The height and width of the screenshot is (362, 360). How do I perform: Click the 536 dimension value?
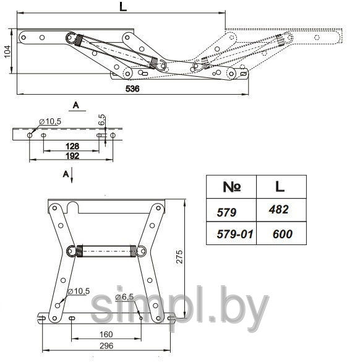click(132, 89)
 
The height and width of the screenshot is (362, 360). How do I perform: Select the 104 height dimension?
click(7, 51)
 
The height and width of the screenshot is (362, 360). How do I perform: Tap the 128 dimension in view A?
click(72, 146)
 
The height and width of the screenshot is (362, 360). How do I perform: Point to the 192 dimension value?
click(72, 156)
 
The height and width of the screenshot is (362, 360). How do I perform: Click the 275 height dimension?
click(179, 256)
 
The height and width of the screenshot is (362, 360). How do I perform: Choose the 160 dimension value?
click(106, 334)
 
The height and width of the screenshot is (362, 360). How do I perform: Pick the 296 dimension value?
click(106, 346)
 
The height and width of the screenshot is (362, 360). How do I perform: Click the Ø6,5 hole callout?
click(124, 297)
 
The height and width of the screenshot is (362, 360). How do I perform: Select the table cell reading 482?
click(278, 209)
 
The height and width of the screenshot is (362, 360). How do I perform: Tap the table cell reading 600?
click(283, 234)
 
